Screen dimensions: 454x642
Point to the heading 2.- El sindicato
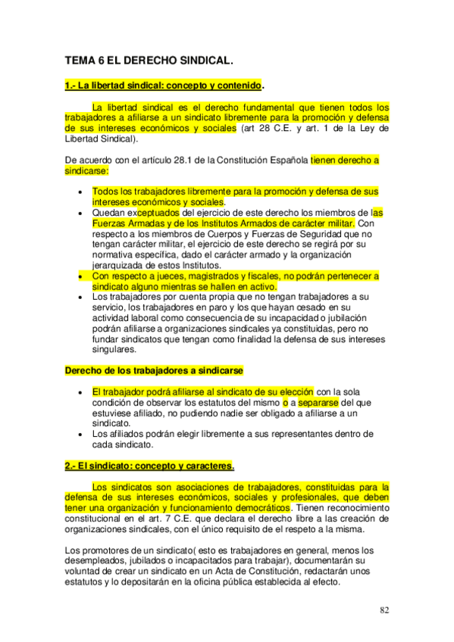point(149,466)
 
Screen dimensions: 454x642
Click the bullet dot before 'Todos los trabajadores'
point(80,192)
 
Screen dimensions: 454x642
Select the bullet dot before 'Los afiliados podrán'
point(80,435)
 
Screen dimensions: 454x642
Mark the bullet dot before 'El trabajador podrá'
point(80,392)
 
